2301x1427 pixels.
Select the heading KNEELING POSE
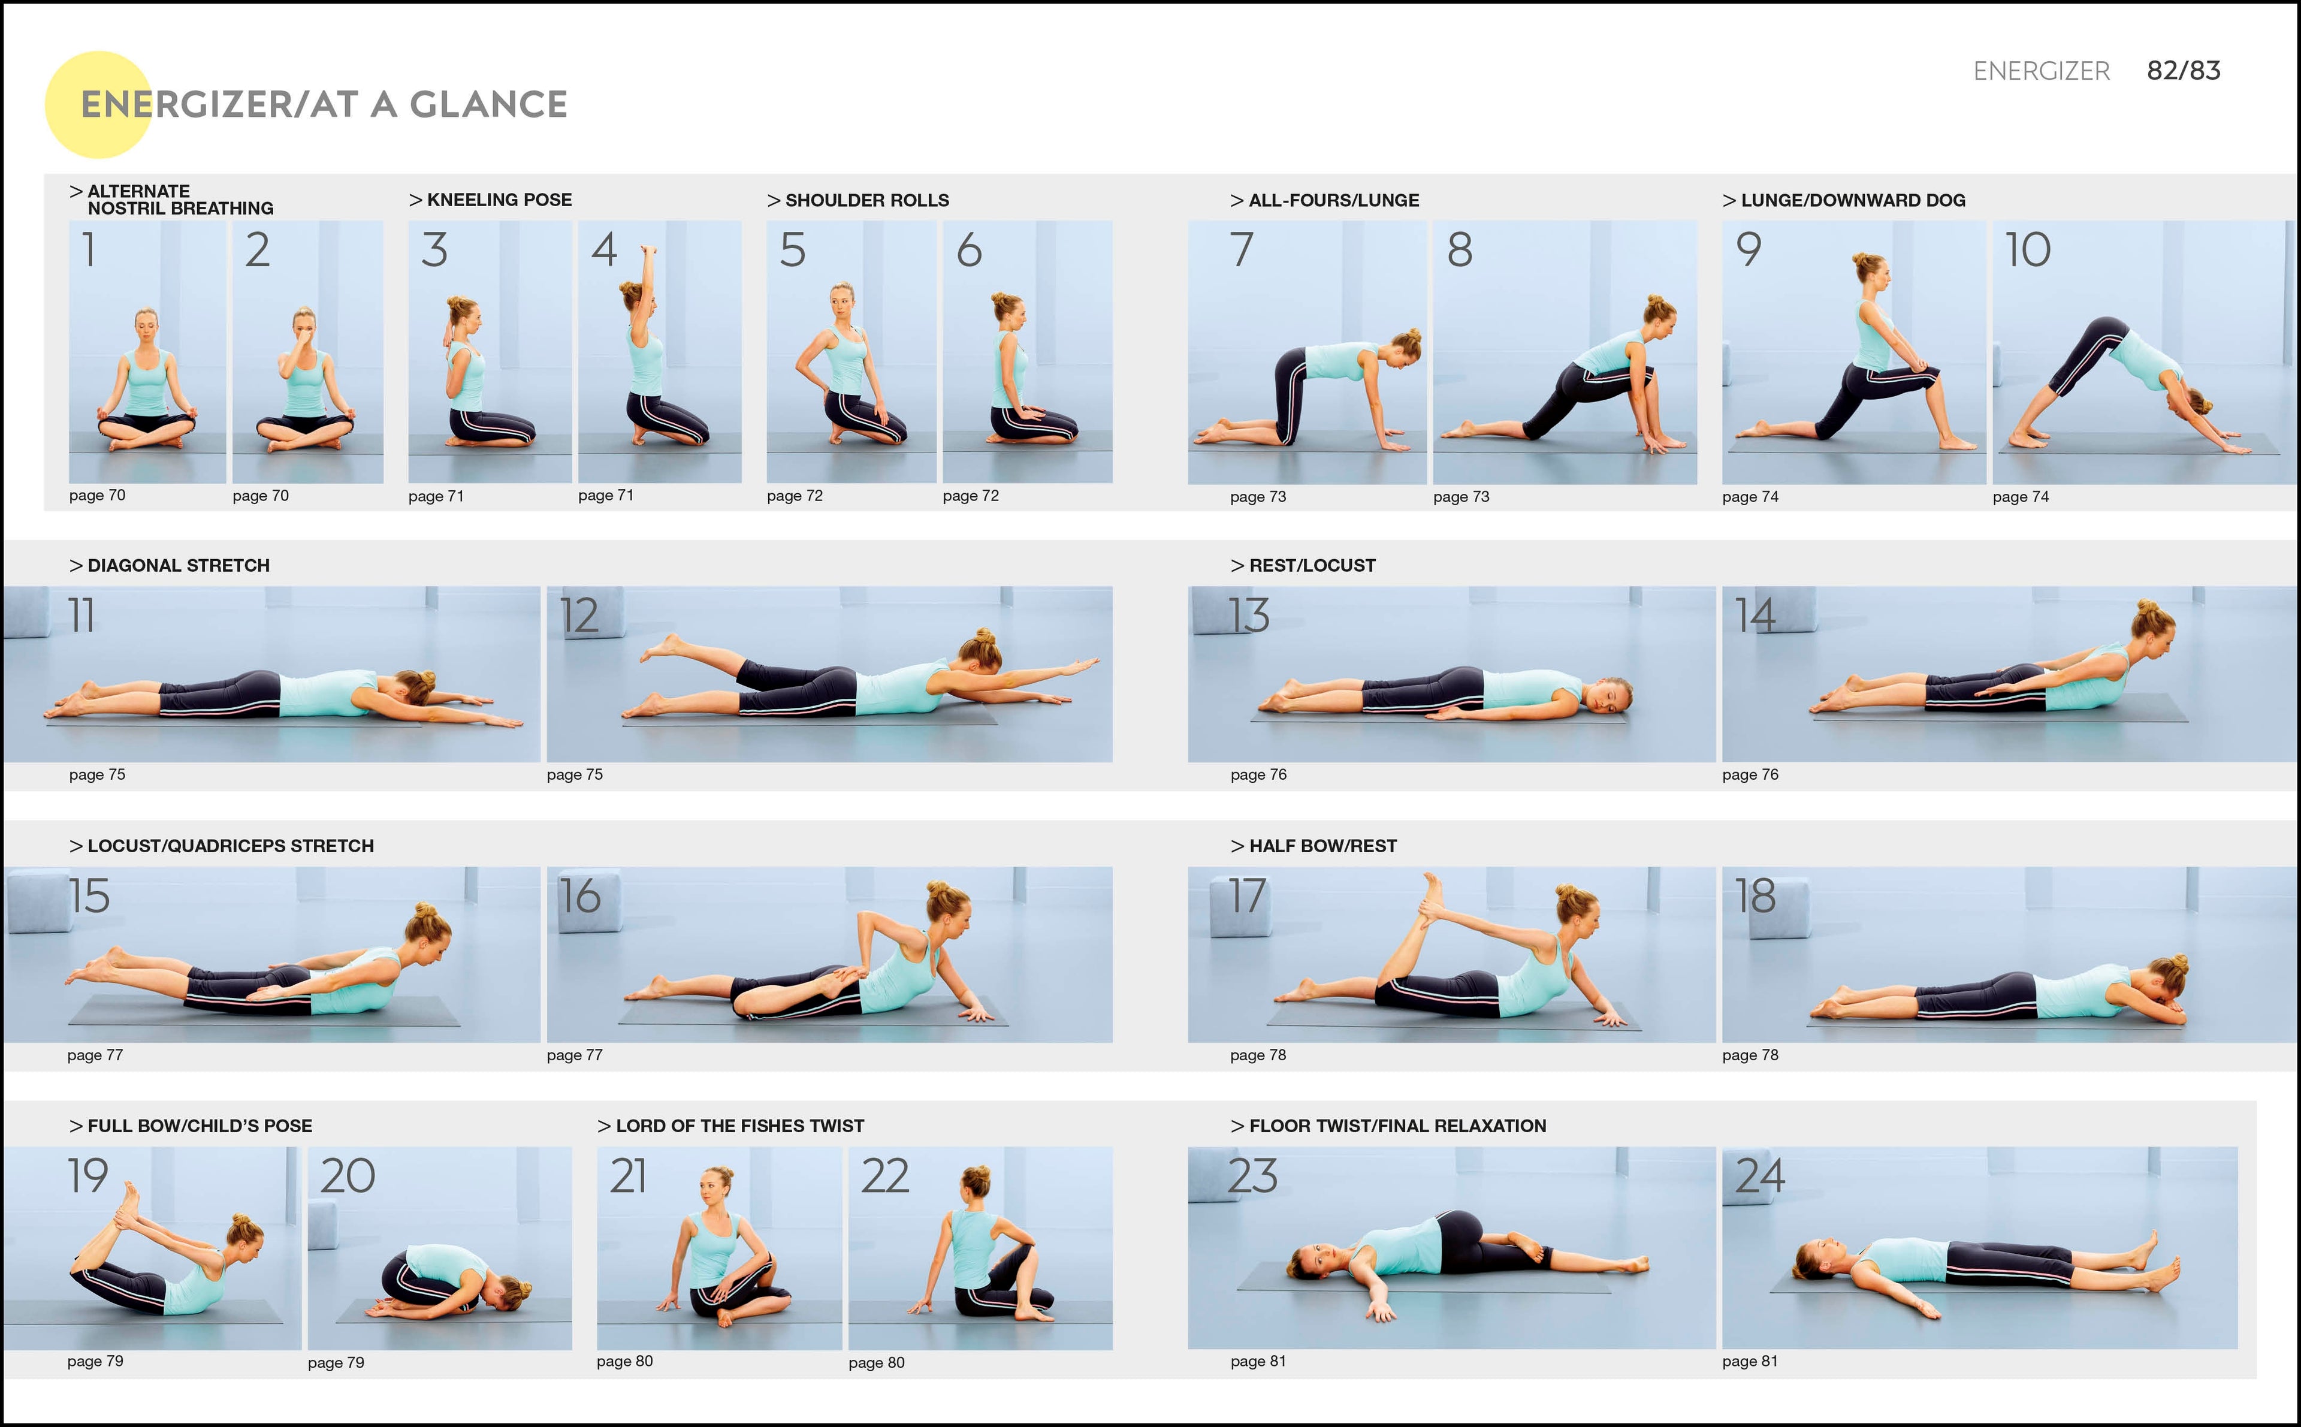498,200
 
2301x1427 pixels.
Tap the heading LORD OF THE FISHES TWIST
739,1126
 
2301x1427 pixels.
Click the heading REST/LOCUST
1311,565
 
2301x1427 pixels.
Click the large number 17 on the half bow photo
1246,897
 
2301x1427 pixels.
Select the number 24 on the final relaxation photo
1759,1176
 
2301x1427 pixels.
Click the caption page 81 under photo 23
1258,1361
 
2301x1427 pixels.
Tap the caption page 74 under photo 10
2020,496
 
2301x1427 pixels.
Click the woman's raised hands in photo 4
647,253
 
